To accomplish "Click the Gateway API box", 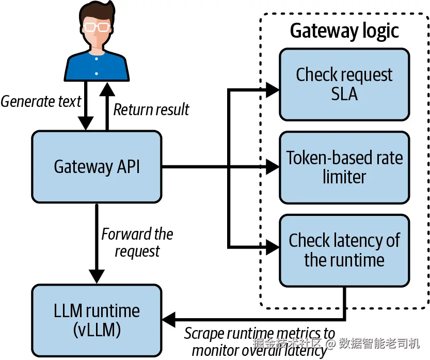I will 97,167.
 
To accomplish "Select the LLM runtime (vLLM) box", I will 97,319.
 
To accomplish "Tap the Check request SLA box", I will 344,84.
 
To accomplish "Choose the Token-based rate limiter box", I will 344,167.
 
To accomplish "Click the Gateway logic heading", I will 344,31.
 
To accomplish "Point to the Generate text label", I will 41,101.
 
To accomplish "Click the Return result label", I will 151,109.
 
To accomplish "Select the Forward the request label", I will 137,242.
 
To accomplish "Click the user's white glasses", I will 97,26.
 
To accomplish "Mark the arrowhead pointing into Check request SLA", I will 272,90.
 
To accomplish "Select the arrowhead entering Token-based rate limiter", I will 272,167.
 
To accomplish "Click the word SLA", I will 344,94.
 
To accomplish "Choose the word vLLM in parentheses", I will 97,329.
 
